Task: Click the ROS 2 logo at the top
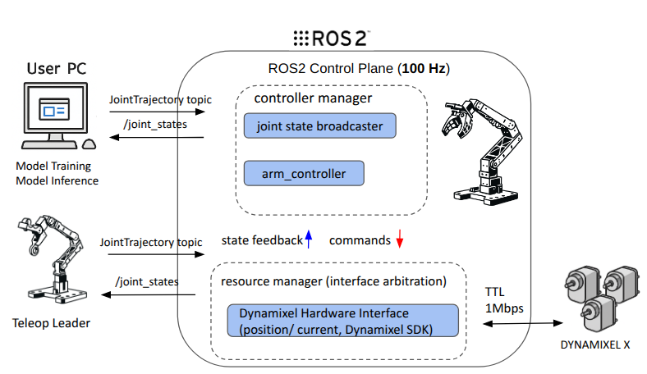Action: [x=332, y=38]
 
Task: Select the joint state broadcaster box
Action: [x=319, y=126]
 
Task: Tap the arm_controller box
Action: [x=304, y=174]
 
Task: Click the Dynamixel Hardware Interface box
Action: [x=342, y=320]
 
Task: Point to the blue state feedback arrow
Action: [x=308, y=239]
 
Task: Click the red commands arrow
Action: [x=399, y=239]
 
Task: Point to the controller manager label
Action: [x=313, y=98]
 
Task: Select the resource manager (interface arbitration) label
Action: [x=333, y=281]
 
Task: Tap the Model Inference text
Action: [x=57, y=180]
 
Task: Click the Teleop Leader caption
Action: [x=53, y=322]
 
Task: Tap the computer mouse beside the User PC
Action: [x=89, y=143]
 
